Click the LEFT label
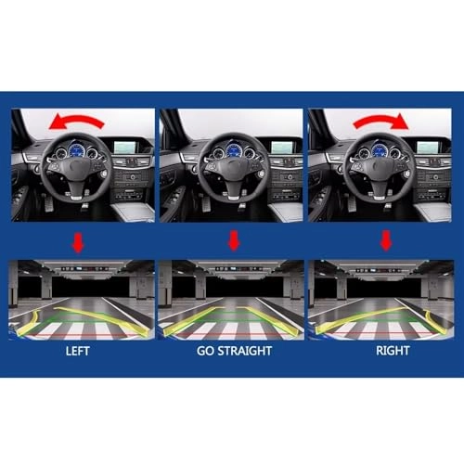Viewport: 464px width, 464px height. pos(79,353)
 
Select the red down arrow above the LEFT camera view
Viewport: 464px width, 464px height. pos(78,243)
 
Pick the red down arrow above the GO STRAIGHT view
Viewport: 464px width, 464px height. pos(233,243)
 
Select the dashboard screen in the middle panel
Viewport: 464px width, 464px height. pos(281,146)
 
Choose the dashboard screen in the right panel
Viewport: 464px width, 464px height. pos(432,146)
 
